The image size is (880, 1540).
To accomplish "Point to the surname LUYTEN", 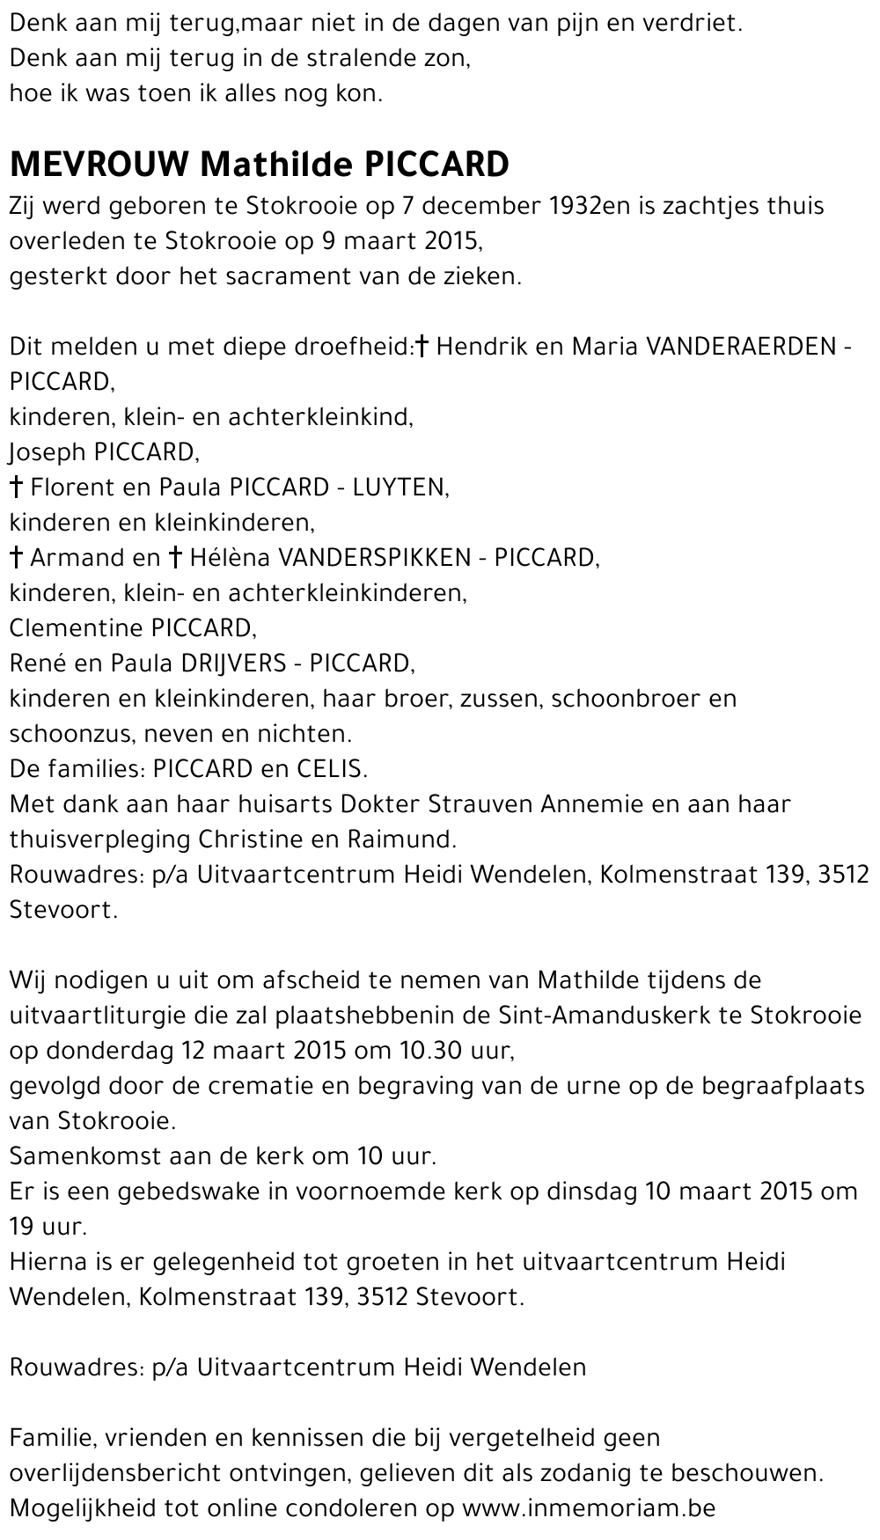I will tap(400, 488).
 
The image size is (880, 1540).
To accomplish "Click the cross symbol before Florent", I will tap(16, 487).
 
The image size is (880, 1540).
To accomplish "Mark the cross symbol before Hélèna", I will tap(175, 557).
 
